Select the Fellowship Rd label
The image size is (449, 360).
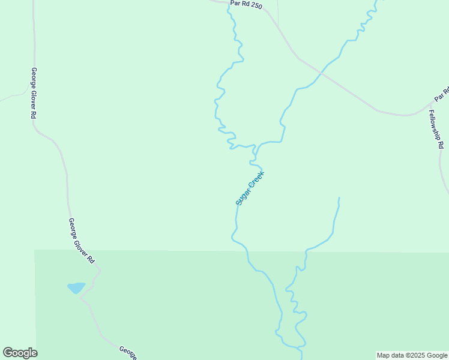(436, 129)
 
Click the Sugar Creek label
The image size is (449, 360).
(250, 188)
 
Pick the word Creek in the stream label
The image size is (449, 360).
(256, 179)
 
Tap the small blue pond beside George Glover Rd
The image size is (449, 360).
(76, 288)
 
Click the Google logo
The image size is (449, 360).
(20, 353)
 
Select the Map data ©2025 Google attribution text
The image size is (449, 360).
(412, 355)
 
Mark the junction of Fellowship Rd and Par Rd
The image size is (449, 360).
(429, 105)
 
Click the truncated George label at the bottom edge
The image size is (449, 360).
(127, 353)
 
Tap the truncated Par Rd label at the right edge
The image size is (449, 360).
(442, 94)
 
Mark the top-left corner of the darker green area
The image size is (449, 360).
(35, 250)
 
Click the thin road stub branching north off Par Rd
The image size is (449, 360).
(278, 12)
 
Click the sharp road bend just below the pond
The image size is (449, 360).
(80, 298)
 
